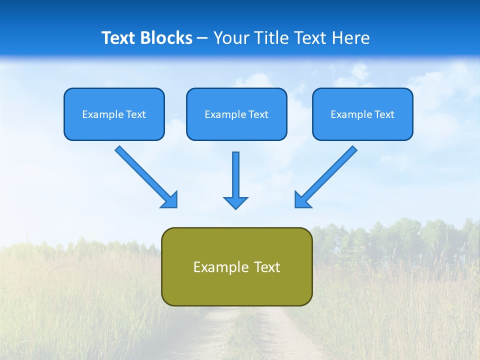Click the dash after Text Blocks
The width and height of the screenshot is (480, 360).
(x=202, y=38)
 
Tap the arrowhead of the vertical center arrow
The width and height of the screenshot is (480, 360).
(x=235, y=202)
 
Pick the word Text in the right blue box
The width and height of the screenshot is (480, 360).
(x=384, y=114)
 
